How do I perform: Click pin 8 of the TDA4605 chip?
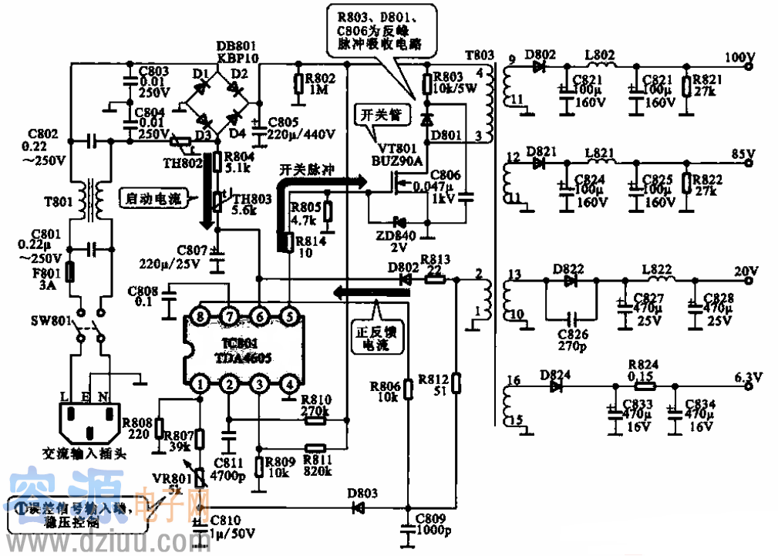pos(200,315)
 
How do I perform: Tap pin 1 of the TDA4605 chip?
pos(200,383)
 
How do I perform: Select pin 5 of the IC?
pos(289,315)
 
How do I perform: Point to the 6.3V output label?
pos(747,376)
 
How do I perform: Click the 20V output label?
pos(746,271)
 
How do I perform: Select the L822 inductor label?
pos(657,268)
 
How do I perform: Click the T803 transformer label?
pos(479,56)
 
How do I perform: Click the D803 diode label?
pos(362,492)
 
